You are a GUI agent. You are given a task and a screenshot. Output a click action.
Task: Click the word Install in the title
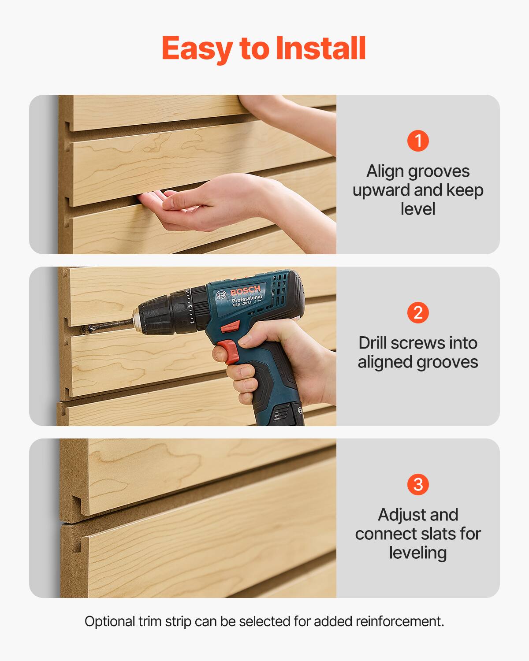(x=320, y=48)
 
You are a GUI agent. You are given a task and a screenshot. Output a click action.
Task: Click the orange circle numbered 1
(x=418, y=141)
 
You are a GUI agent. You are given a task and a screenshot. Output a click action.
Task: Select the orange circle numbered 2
(x=418, y=312)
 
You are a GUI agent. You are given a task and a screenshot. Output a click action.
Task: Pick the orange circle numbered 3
(x=418, y=484)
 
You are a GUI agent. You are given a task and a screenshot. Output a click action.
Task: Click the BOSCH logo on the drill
(x=245, y=292)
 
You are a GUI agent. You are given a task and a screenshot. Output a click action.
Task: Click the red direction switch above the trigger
(x=230, y=327)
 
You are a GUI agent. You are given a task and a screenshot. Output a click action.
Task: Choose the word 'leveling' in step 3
(x=418, y=553)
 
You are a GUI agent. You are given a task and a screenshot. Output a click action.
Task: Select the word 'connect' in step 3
(x=383, y=534)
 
